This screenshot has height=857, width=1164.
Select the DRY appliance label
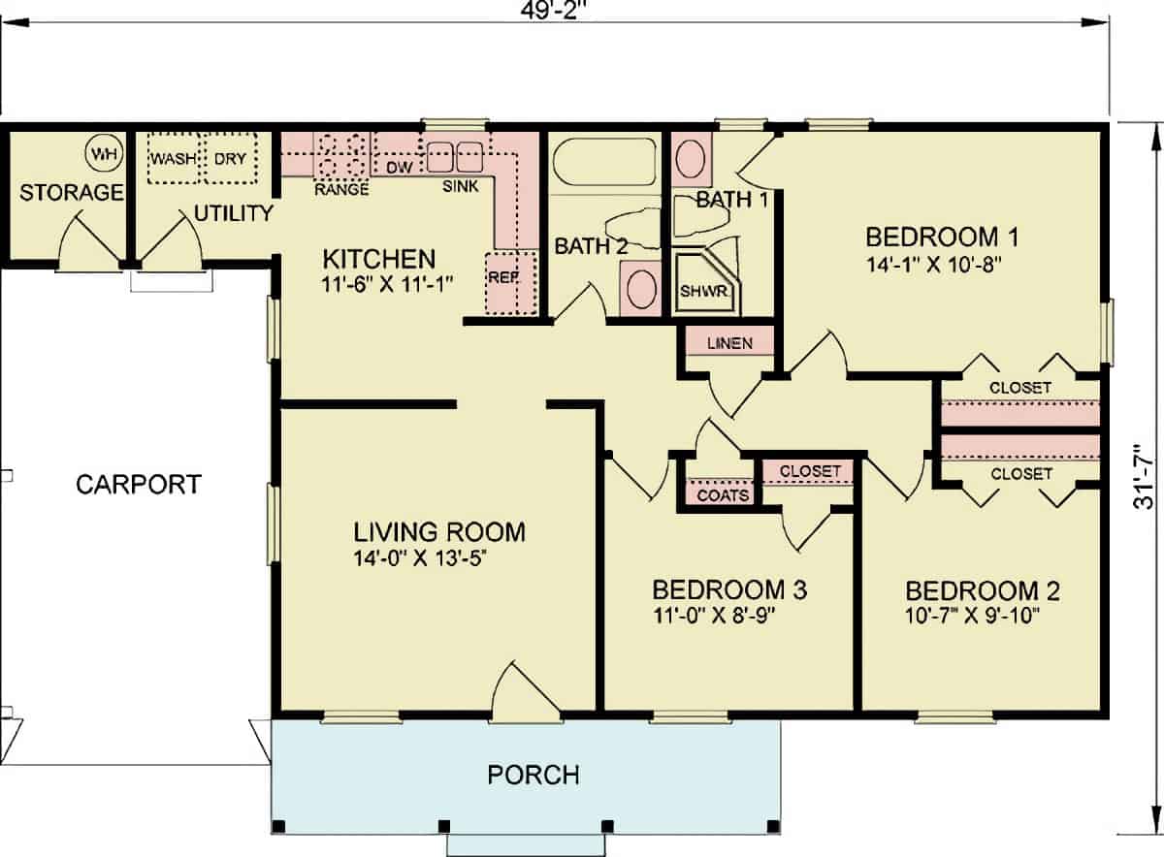click(x=230, y=158)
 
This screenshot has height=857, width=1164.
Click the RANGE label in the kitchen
click(x=341, y=189)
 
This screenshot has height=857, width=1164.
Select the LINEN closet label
click(x=729, y=343)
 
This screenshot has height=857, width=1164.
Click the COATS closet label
click(x=724, y=495)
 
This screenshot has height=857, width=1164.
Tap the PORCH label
click(x=533, y=775)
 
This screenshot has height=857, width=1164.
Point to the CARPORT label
click(x=139, y=484)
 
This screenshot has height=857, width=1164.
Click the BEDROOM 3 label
click(x=730, y=589)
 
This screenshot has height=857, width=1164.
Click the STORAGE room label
click(x=72, y=192)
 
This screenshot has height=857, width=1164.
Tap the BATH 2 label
click(x=591, y=246)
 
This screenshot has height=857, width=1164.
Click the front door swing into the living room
click(x=524, y=695)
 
